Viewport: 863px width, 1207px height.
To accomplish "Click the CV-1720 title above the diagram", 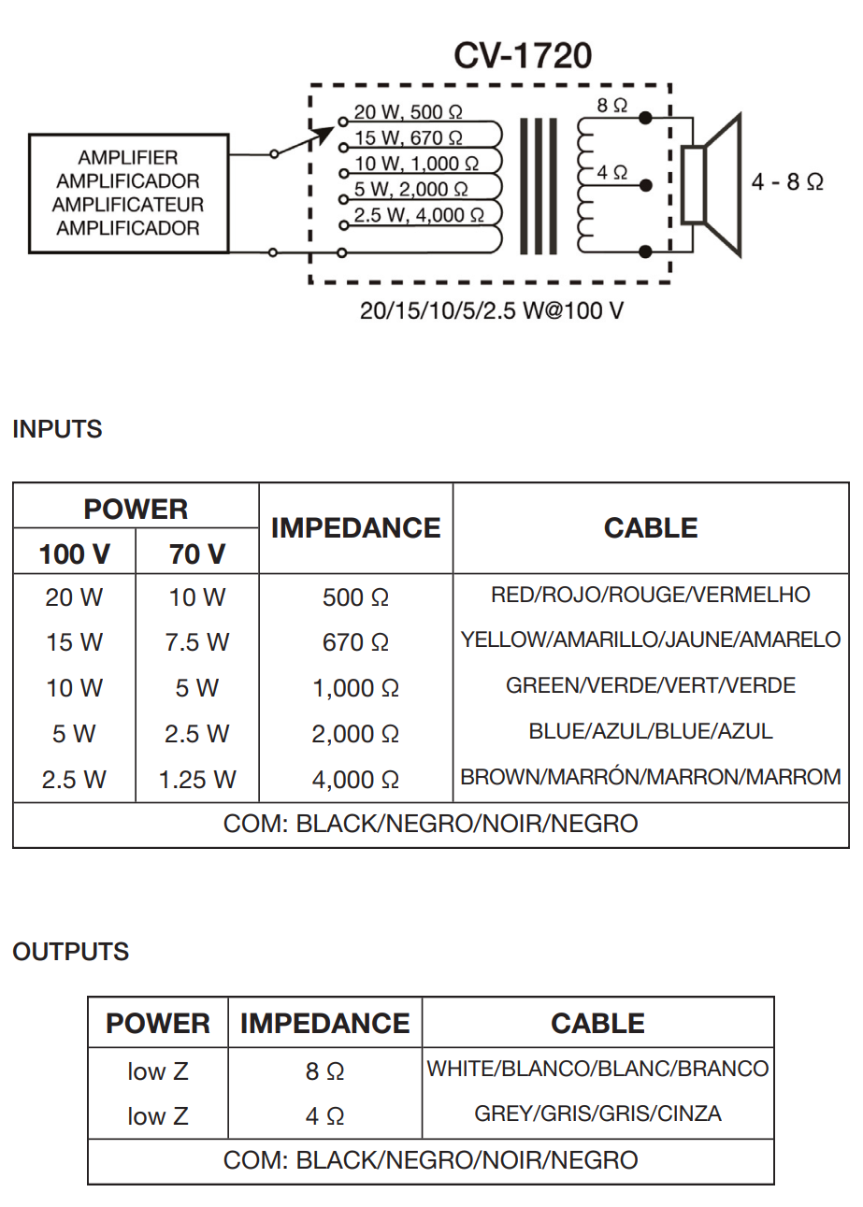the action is pyautogui.click(x=523, y=55).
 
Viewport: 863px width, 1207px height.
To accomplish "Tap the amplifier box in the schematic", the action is pyautogui.click(x=129, y=194).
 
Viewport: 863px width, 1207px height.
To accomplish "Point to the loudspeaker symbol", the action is pyautogui.click(x=712, y=185).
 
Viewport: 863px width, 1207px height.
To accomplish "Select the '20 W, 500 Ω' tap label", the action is pyautogui.click(x=408, y=112).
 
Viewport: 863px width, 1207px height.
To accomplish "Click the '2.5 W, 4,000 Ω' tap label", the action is pyautogui.click(x=419, y=215).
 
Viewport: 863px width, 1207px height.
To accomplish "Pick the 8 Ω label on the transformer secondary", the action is pyautogui.click(x=611, y=105).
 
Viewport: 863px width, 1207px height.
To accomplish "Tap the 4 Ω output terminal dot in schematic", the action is pyautogui.click(x=645, y=185).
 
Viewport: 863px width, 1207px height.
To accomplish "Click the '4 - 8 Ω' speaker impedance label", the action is pyautogui.click(x=787, y=181).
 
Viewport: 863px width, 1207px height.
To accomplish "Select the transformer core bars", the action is pyautogui.click(x=538, y=186).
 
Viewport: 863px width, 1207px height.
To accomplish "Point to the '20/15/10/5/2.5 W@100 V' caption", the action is pyautogui.click(x=492, y=311).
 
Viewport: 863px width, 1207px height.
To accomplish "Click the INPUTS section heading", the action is pyautogui.click(x=57, y=429).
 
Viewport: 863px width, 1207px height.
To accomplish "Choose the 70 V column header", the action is pyautogui.click(x=196, y=554).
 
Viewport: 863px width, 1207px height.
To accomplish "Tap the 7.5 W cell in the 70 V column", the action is pyautogui.click(x=196, y=642).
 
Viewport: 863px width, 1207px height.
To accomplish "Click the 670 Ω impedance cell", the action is pyautogui.click(x=355, y=642).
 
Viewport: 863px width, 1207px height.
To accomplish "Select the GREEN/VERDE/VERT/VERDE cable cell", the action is pyautogui.click(x=651, y=685).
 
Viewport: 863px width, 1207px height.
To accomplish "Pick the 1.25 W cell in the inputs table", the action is pyautogui.click(x=196, y=780).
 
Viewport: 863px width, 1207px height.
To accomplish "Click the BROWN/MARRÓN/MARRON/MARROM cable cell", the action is pyautogui.click(x=651, y=777).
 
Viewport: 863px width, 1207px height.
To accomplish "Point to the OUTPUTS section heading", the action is pyautogui.click(x=71, y=952).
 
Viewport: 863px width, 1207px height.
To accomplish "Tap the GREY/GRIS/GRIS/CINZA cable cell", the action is pyautogui.click(x=597, y=1114).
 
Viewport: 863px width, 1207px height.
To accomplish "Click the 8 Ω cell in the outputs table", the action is pyautogui.click(x=324, y=1071).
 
